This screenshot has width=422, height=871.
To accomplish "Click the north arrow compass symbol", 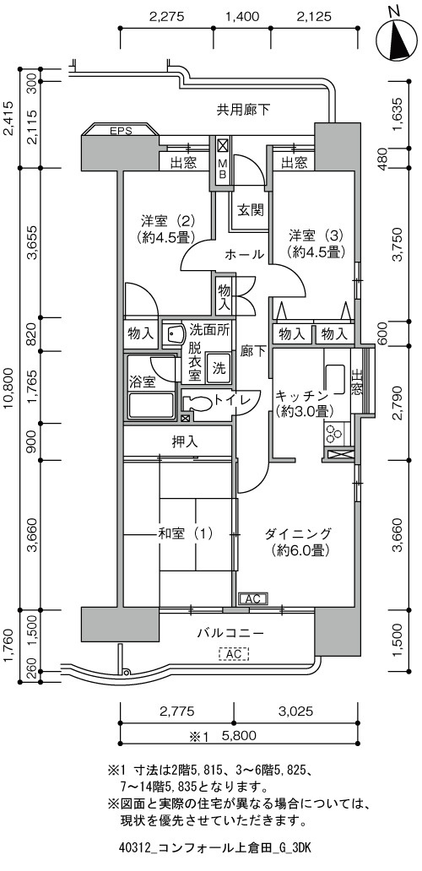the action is point(396,38).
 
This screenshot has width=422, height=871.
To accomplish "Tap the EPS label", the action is point(121,132).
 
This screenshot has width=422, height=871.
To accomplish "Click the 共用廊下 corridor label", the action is point(243,110).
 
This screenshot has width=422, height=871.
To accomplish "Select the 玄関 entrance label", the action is point(251,211).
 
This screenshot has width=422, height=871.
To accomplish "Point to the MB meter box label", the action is point(222,169).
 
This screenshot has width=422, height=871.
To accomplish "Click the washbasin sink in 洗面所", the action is point(175,335).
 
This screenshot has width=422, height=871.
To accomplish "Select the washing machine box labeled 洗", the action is point(220,370).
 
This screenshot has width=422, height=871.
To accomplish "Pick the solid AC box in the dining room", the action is point(253,599).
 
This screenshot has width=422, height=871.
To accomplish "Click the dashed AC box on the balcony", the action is point(235,655).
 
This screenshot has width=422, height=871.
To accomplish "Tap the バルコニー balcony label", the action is point(230,633).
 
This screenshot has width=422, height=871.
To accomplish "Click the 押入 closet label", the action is point(185,443).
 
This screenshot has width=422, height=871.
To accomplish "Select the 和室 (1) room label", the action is point(185,534).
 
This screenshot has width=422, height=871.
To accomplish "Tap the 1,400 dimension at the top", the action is point(242,17).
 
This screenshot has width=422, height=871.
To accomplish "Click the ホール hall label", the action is point(244,255).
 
